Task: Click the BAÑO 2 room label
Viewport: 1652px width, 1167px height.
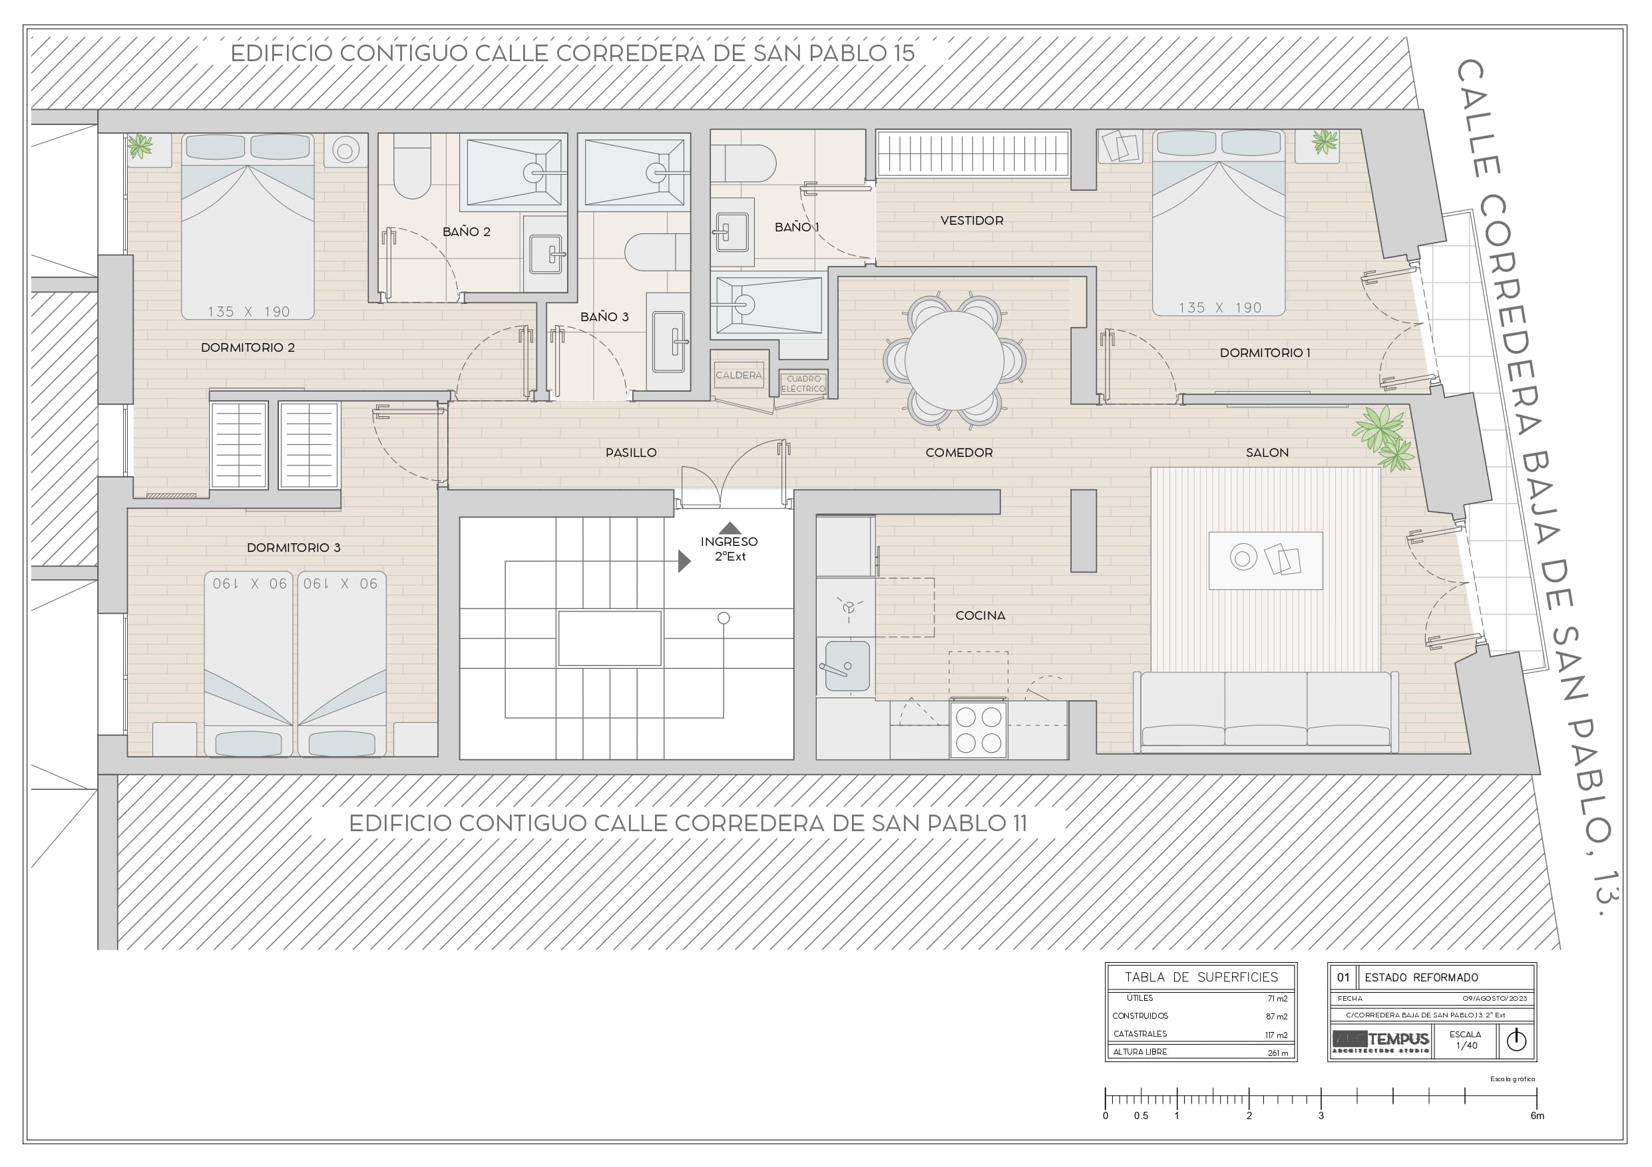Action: [466, 231]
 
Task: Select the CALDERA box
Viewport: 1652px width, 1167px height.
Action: [738, 375]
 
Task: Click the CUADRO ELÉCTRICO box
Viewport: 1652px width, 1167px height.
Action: [803, 383]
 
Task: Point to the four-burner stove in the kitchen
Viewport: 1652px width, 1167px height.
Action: [978, 730]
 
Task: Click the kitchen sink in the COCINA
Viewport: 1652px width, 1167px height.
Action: [847, 666]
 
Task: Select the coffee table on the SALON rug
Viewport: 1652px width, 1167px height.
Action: [1265, 560]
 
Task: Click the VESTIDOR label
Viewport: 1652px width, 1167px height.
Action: [971, 221]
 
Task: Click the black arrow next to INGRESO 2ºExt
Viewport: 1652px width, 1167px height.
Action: [684, 561]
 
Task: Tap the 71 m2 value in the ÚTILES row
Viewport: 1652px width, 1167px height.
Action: [1277, 998]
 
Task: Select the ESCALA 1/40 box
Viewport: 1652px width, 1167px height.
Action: [1465, 1040]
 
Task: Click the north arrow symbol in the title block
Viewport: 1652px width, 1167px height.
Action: [1516, 1040]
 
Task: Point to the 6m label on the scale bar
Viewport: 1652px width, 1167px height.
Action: [1536, 1116]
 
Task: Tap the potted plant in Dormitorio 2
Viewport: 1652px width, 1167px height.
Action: [140, 146]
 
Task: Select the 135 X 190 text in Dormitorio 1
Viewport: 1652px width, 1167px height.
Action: [1219, 308]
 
